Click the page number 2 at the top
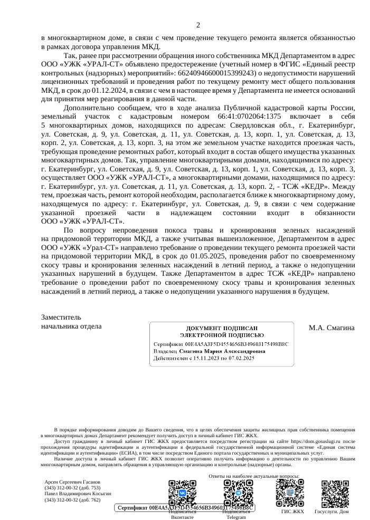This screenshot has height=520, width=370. pyautogui.click(x=198, y=25)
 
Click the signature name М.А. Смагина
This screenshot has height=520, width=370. pyautogui.click(x=331, y=328)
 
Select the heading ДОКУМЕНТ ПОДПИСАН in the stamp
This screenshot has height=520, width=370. pyautogui.click(x=222, y=328)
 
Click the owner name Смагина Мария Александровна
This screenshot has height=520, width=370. pyautogui.click(x=222, y=351)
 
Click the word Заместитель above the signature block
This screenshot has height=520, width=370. pyautogui.click(x=61, y=317)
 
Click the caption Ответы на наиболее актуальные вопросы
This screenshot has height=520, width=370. pyautogui.click(x=254, y=476)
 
